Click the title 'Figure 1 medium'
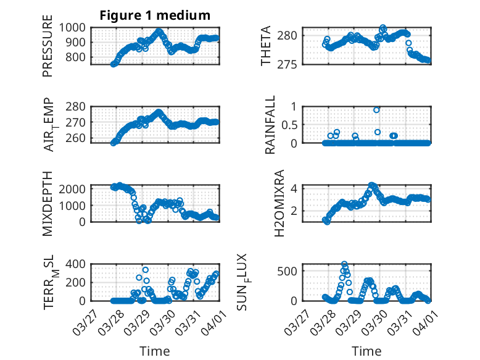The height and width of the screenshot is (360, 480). tap(155, 15)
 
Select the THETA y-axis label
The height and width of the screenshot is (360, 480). tap(267, 46)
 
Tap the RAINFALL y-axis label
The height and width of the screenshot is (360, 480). tap(270, 124)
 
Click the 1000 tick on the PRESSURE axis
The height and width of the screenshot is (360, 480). tap(74, 27)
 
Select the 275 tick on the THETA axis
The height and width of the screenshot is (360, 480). tap(290, 64)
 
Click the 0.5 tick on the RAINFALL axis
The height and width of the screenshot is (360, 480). tap(289, 124)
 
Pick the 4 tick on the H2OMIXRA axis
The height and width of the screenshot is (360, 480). tap(295, 188)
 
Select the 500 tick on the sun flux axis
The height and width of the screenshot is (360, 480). tap(289, 271)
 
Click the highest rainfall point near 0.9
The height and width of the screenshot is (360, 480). tap(376, 110)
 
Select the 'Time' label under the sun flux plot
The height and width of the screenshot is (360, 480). tap(366, 351)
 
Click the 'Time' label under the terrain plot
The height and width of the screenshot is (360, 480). tap(155, 351)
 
